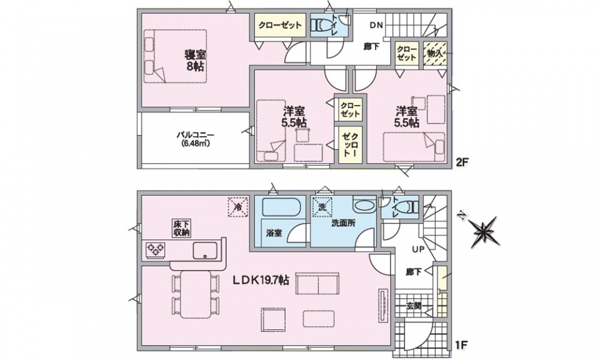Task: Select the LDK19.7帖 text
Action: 261,281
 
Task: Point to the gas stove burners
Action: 155,251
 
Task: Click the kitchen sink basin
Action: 205,251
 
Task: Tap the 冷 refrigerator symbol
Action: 238,207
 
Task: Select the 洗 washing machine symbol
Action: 322,207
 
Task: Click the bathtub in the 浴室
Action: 281,207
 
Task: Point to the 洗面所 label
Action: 343,223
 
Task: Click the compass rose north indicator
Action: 483,231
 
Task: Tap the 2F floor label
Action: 462,162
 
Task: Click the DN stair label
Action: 376,26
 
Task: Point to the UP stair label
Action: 418,249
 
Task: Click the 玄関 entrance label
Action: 414,306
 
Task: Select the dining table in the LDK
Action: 196,294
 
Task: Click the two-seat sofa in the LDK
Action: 317,284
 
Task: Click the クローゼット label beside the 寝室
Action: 280,25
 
